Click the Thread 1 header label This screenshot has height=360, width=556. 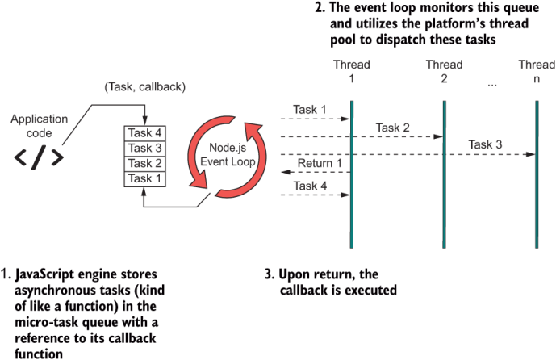point(352,71)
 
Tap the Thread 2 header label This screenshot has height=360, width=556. point(444,71)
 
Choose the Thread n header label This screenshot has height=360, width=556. point(537,71)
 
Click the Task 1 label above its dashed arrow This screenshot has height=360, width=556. point(311,110)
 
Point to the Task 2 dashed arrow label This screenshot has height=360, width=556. point(393,128)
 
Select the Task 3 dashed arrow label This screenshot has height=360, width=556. point(486,145)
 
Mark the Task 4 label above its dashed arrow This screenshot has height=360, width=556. point(311,186)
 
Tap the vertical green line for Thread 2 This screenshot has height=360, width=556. point(444,178)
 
